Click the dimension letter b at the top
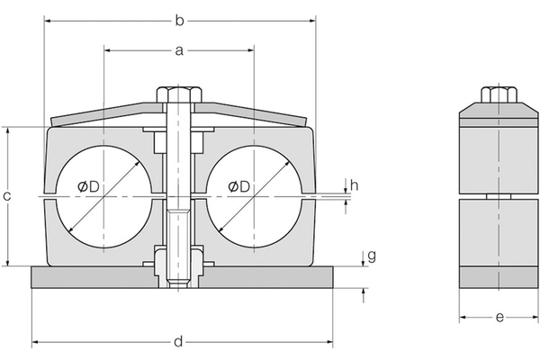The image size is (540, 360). pyautogui.click(x=178, y=19)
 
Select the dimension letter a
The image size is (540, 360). pyautogui.click(x=178, y=51)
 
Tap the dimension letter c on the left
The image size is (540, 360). pyautogui.click(x=8, y=196)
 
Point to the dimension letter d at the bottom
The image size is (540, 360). pyautogui.click(x=178, y=343)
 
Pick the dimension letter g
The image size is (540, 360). pyautogui.click(x=372, y=256)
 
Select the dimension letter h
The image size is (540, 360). pyautogui.click(x=355, y=185)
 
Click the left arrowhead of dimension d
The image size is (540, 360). pyautogui.click(x=36, y=343)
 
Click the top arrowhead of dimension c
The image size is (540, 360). pyautogui.click(x=8, y=130)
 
